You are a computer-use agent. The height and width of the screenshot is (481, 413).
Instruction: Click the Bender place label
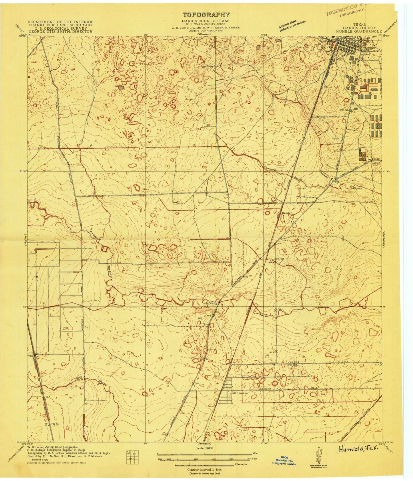[287, 213]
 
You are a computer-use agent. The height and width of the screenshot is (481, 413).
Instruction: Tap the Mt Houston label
[240, 393]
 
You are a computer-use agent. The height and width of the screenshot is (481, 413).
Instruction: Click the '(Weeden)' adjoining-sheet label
[204, 35]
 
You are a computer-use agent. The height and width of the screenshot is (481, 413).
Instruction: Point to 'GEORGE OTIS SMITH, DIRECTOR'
[60, 31]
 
